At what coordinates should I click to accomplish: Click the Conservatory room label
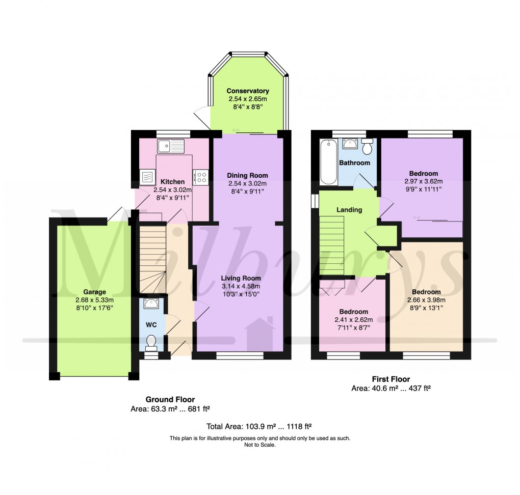(x=248, y=91)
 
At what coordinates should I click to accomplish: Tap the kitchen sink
(x=170, y=147)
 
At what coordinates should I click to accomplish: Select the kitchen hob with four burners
(x=201, y=177)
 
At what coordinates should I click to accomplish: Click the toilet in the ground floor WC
(x=151, y=342)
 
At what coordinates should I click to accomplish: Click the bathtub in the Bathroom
(x=328, y=162)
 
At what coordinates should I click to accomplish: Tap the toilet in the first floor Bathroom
(x=367, y=147)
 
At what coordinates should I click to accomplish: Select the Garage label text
(x=95, y=292)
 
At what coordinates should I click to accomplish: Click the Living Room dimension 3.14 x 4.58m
(x=241, y=286)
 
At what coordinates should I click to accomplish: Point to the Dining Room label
(x=248, y=176)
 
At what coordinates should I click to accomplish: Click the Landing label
(x=349, y=210)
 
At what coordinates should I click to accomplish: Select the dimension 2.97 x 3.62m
(x=423, y=181)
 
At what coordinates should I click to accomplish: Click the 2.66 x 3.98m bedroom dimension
(x=426, y=300)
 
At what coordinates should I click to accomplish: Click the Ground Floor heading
(x=170, y=400)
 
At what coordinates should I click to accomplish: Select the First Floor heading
(x=391, y=379)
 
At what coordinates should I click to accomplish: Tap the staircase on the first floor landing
(x=332, y=244)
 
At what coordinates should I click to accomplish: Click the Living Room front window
(x=240, y=355)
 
